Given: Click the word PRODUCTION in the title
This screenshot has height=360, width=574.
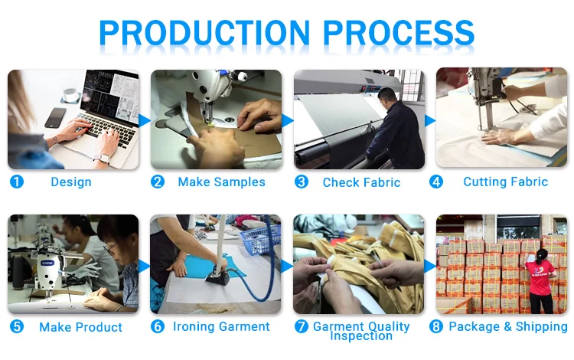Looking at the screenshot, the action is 204,32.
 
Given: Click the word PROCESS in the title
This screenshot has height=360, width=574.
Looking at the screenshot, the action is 399,32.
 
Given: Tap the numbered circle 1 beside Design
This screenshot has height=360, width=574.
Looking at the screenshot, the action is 17,182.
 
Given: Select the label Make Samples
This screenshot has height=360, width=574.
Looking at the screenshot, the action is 221,182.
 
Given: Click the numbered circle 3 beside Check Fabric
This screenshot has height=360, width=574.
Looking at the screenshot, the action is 302,182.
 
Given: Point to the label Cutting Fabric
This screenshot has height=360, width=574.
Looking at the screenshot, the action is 506,182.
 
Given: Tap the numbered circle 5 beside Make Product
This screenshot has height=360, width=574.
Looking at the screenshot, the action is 17,326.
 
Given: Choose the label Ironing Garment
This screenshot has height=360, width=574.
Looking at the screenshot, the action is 221,326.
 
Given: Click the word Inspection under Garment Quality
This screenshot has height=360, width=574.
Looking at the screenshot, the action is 361,335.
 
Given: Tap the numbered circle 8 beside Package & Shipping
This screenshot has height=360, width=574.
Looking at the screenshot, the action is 435,326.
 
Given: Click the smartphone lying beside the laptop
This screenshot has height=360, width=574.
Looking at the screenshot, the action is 55,117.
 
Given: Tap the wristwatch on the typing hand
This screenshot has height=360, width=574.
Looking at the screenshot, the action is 101,159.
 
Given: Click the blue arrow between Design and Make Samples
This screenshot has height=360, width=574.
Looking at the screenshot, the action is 144,120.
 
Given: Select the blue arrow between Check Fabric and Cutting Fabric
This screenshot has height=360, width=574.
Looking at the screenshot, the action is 430,120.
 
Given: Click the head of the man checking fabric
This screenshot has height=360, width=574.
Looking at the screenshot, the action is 386,97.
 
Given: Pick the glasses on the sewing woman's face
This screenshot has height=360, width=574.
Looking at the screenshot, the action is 111,247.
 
